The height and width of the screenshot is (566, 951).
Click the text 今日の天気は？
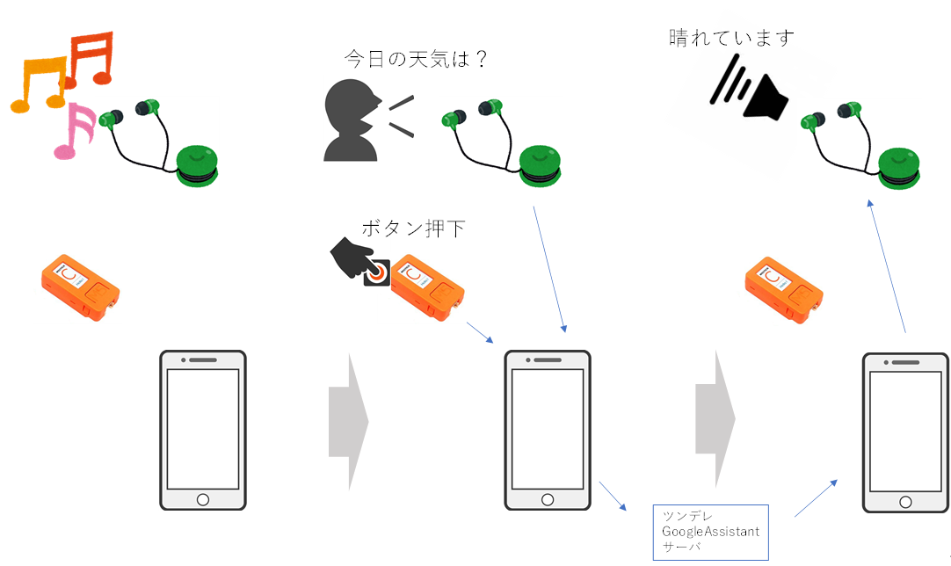(416, 59)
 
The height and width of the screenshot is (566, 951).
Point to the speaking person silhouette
(352, 121)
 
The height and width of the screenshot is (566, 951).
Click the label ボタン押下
(413, 229)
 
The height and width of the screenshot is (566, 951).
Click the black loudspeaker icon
(750, 89)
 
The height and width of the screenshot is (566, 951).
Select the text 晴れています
(731, 38)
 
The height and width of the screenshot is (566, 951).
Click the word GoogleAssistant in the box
(710, 532)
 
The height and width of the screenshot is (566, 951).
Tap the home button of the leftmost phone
(203, 499)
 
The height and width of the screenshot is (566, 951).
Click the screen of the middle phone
(547, 429)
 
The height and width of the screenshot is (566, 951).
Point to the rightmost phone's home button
(905, 502)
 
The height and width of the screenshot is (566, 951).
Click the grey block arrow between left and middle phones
(348, 422)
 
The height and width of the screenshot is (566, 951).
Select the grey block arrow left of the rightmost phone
(715, 418)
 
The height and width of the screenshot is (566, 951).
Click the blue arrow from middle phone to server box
(613, 497)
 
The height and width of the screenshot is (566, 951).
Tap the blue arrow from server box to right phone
(816, 498)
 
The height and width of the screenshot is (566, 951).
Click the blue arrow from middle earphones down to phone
(549, 269)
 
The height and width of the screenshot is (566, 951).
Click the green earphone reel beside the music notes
(197, 166)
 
